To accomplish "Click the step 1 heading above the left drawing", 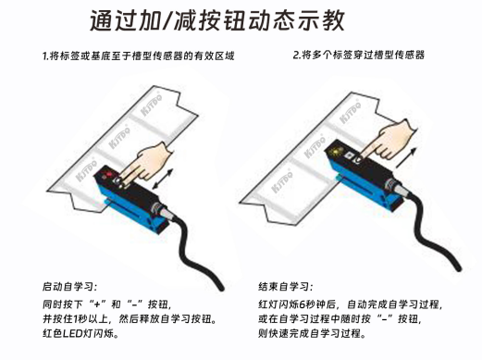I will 137,57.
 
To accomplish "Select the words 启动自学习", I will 69,287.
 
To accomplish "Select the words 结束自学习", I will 287,287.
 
